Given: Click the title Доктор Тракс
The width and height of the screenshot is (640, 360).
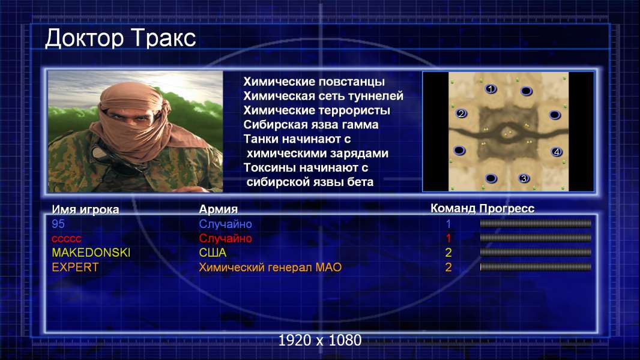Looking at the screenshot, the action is [121, 38].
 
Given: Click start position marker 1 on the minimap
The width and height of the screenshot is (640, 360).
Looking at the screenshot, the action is [491, 88].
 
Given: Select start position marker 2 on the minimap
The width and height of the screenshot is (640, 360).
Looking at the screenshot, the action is [461, 113].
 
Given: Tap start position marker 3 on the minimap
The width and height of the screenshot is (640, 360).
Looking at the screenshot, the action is [524, 178].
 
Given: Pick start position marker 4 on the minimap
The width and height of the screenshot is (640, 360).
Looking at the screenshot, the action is [557, 152].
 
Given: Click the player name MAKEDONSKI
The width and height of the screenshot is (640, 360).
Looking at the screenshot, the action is [91, 253].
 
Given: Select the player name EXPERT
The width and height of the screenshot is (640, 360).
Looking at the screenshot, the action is [75, 268].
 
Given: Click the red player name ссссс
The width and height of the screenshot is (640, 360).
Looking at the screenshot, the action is [67, 239].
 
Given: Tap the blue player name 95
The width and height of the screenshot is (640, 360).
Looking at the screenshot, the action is [58, 224].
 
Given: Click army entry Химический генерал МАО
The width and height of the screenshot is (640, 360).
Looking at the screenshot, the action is [270, 268].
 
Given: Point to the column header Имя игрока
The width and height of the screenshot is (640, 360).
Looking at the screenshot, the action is [85, 209].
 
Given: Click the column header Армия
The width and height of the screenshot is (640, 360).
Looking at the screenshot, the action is [219, 209].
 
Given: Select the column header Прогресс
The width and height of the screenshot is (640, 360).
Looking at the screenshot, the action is [507, 209].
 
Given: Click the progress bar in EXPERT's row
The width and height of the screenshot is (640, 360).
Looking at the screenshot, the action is [536, 267].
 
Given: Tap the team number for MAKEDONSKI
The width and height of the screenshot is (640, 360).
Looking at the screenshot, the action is [448, 253].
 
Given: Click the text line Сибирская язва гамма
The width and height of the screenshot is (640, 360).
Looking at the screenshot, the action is [311, 125].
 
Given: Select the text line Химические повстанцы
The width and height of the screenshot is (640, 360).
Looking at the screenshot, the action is [314, 82].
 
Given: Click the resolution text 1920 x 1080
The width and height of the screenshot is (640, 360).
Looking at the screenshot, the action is [320, 340].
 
